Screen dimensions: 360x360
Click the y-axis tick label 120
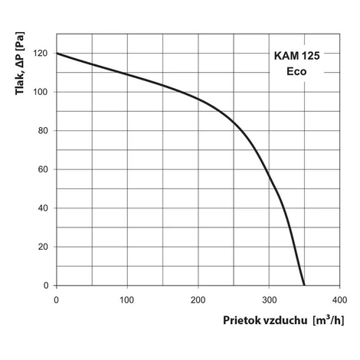(x=40, y=54)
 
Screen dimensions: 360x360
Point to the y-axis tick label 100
(x=40, y=92)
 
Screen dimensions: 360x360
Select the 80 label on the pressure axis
(x=43, y=131)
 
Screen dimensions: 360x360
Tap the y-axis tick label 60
(x=43, y=169)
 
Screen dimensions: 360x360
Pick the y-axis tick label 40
(x=43, y=208)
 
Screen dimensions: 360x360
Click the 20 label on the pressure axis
(x=43, y=247)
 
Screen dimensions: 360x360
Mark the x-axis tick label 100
(x=127, y=300)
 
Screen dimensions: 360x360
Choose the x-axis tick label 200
(x=198, y=300)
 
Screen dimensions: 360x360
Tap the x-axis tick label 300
(x=270, y=300)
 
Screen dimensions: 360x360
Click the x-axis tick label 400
(x=339, y=300)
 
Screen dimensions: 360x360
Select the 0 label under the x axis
(x=56, y=300)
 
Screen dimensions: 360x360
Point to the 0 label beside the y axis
(x=46, y=286)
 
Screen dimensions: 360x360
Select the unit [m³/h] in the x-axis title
(x=329, y=320)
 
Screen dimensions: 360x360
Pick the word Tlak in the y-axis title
(x=20, y=83)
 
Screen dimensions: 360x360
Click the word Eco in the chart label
(x=296, y=71)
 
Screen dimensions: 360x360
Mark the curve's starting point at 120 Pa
(x=57, y=53)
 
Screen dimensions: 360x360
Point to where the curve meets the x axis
(x=304, y=285)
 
